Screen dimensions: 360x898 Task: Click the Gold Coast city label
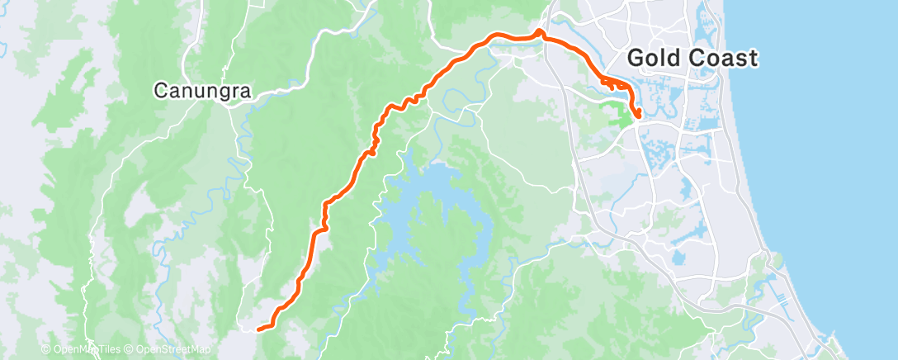(x=692, y=58)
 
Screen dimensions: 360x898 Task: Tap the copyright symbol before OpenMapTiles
(x=46, y=349)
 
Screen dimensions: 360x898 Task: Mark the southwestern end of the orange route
(x=259, y=329)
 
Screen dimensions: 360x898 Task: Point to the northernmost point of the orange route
(x=539, y=31)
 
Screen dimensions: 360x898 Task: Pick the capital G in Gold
(x=636, y=58)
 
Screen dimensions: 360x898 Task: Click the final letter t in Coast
(x=752, y=58)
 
